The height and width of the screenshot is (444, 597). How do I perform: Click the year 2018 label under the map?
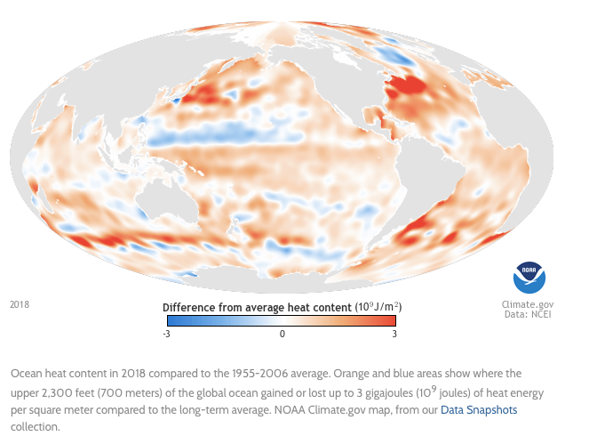(20, 304)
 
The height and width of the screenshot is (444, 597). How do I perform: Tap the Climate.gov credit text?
(528, 304)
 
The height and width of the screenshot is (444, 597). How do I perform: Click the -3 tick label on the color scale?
(167, 334)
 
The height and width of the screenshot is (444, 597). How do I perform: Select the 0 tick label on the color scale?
(282, 334)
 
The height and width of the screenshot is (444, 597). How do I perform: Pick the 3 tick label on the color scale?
(394, 334)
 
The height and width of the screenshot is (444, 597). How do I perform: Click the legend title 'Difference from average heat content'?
(258, 306)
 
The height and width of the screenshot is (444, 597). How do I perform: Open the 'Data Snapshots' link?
(479, 410)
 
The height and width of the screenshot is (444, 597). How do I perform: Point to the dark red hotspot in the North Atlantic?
(408, 86)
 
